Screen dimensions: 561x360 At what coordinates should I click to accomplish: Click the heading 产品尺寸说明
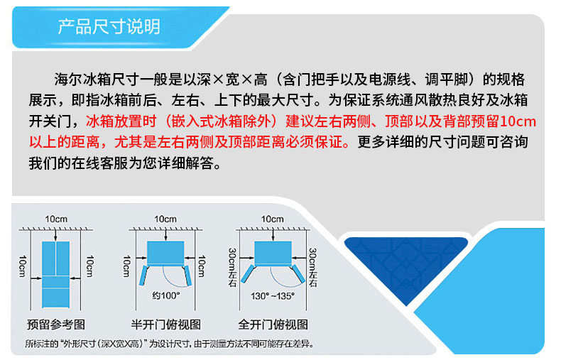109,26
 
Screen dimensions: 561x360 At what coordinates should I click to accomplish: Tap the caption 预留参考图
56,324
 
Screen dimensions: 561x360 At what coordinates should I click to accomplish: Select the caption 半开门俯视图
165,324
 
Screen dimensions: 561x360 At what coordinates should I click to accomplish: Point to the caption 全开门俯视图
273,324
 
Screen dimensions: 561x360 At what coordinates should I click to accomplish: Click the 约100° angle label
166,295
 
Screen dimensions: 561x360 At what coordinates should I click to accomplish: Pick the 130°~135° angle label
273,296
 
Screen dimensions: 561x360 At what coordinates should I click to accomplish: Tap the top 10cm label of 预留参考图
56,219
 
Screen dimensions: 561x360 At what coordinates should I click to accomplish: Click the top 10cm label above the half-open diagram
165,219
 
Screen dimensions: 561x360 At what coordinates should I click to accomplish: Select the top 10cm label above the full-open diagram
272,219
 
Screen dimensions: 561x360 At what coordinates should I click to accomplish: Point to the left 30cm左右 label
232,267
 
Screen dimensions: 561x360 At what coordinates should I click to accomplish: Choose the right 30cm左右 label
312,267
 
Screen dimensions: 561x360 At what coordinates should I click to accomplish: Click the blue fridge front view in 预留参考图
56,275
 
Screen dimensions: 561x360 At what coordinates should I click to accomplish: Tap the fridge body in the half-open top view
165,253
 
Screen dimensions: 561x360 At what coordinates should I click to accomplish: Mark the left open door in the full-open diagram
248,274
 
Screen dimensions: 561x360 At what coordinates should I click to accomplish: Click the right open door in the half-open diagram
187,276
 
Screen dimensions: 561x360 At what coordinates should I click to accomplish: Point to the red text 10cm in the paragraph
518,121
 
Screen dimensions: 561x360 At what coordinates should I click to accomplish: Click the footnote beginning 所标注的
170,344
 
